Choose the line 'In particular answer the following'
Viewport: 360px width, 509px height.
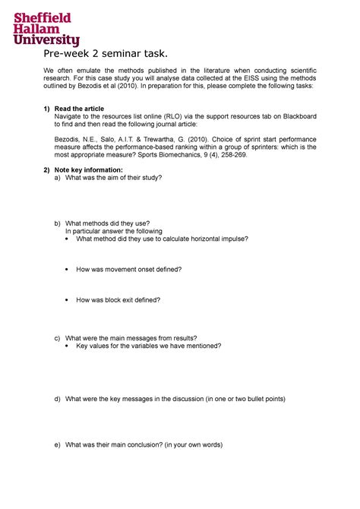click(113, 230)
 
